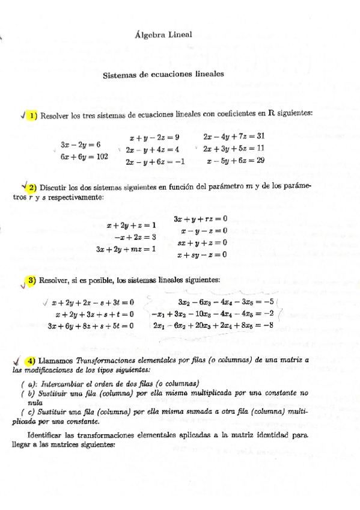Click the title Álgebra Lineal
[x=164, y=35]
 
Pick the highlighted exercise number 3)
[x=31, y=280]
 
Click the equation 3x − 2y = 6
[x=81, y=145]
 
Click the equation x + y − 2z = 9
[x=154, y=137]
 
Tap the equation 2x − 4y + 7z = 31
[x=234, y=137]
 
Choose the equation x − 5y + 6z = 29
[x=235, y=161]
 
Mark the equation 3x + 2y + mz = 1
[x=126, y=248]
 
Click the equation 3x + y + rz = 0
[x=200, y=219]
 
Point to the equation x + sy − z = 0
[x=202, y=254]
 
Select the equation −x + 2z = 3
[x=135, y=237]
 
